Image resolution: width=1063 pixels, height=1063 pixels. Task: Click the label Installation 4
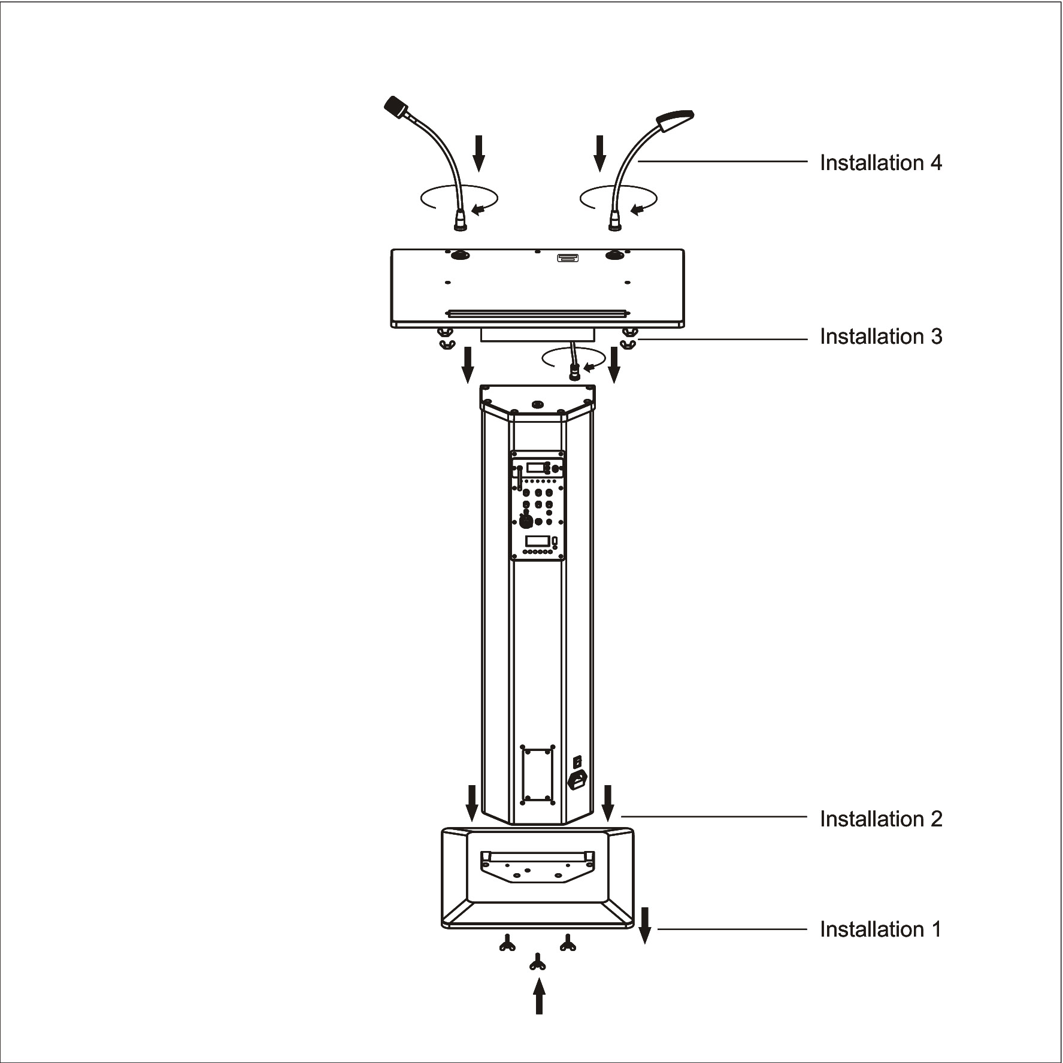click(880, 163)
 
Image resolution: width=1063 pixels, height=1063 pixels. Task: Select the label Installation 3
click(881, 337)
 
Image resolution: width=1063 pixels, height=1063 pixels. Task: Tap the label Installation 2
click(881, 819)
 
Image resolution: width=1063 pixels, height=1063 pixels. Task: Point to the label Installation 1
click(880, 929)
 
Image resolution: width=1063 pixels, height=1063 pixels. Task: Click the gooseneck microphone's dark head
click(396, 105)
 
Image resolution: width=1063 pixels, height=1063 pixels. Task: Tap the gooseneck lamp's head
click(675, 119)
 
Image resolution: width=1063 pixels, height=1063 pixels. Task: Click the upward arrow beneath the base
click(540, 996)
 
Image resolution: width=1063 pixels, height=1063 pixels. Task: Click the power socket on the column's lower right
click(577, 780)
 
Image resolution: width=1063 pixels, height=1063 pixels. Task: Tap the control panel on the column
click(537, 505)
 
